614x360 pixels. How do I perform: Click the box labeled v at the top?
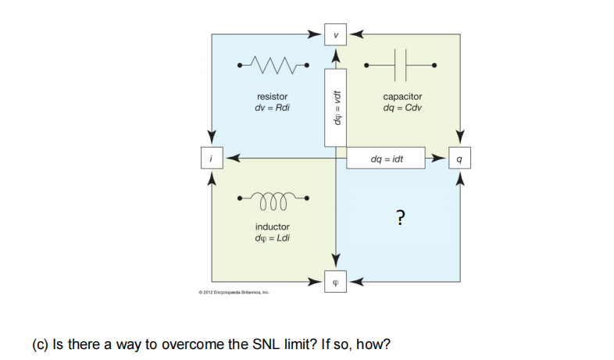(336, 34)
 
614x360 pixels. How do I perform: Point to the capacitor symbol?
(404, 63)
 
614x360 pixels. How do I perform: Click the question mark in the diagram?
(400, 216)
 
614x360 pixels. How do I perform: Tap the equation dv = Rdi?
(267, 107)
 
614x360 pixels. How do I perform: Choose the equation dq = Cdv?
(403, 107)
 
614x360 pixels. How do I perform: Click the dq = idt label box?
(387, 159)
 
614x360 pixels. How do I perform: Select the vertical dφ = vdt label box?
(336, 108)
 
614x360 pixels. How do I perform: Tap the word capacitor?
(402, 97)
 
